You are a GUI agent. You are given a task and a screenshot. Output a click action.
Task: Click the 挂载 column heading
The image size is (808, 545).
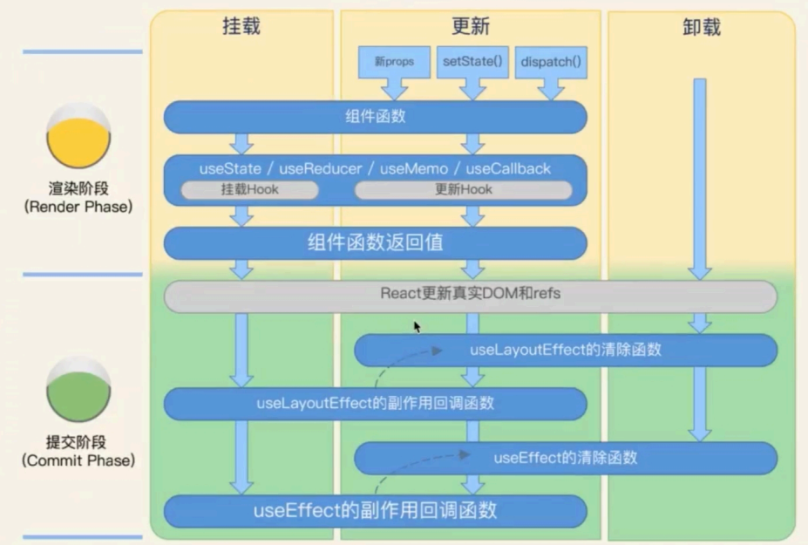pos(241,27)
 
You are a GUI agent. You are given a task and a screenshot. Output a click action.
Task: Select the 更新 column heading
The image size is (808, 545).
pos(470,27)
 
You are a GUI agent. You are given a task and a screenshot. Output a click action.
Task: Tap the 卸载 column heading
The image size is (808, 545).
pos(701,27)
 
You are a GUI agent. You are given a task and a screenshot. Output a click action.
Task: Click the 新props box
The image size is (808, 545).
pos(394,62)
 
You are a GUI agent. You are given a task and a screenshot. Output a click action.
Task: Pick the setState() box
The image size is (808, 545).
pos(472,62)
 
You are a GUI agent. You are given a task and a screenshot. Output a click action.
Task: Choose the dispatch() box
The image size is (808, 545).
pos(551,62)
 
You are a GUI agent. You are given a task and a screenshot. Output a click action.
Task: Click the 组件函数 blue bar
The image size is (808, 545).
pos(375,116)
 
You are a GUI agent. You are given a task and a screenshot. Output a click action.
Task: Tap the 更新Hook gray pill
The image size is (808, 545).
pos(463,189)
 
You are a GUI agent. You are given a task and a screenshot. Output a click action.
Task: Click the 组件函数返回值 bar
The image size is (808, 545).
pos(375,243)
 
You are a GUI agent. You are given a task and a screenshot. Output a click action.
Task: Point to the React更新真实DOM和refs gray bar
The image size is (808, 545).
pos(470,295)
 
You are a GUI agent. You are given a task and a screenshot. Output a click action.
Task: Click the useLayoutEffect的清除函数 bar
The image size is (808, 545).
pos(565,350)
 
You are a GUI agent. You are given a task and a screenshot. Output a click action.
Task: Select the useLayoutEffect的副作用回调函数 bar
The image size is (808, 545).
pos(375,404)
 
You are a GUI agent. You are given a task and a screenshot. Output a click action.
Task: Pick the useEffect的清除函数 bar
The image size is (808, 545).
pos(565,457)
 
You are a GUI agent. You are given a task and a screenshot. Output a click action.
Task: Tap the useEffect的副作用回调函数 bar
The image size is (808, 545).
pos(375,511)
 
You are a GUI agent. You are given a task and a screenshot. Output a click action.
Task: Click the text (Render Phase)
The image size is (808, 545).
pos(78,207)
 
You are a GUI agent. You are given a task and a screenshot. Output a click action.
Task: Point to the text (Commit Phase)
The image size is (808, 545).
pos(78,460)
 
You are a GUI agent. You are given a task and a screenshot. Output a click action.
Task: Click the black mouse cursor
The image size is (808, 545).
pos(418,326)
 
